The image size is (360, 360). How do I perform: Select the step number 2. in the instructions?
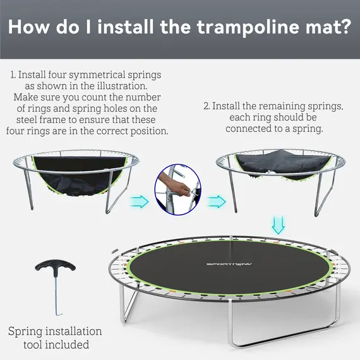click(x=207, y=106)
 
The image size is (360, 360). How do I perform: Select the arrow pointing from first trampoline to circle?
click(x=140, y=201)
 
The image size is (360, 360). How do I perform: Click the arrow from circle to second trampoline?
click(x=216, y=201)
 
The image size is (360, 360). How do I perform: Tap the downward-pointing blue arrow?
click(x=278, y=224)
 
